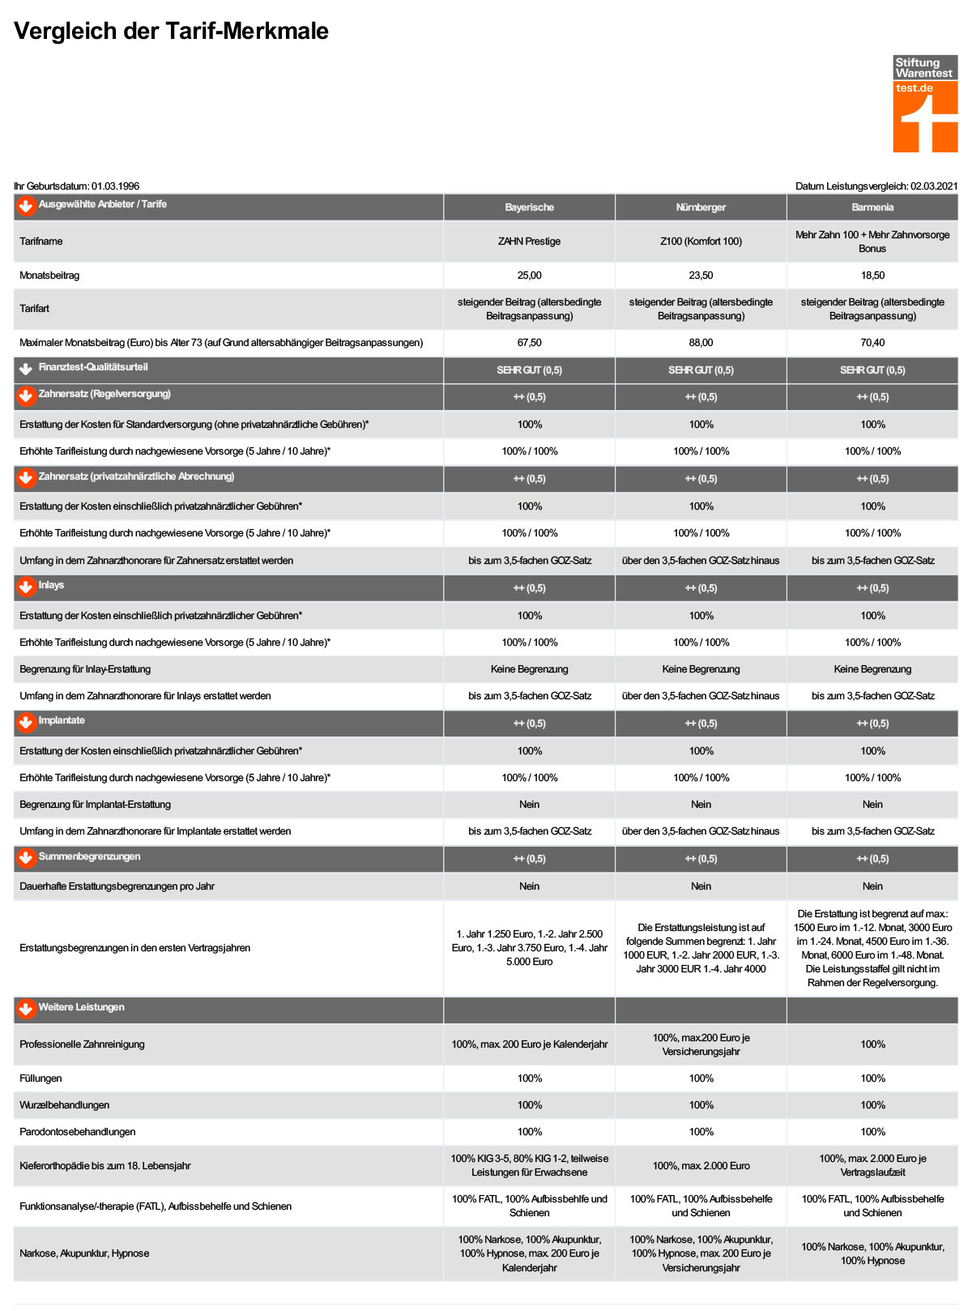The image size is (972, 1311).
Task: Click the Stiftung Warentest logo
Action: point(925,104)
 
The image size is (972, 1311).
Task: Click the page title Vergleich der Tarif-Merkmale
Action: point(171,31)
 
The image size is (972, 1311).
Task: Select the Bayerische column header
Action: point(529,207)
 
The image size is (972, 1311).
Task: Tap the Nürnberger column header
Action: point(701,207)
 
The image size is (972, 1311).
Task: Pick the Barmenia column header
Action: point(872,207)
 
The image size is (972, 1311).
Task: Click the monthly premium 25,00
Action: point(529,275)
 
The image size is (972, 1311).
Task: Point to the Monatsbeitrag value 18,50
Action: point(872,275)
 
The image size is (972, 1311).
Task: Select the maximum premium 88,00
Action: point(701,343)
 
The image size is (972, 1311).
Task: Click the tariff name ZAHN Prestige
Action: point(529,241)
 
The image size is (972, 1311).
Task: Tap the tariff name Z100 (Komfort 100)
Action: point(701,241)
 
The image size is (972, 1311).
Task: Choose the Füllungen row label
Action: point(40,1078)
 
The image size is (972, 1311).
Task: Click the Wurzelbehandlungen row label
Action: point(64,1105)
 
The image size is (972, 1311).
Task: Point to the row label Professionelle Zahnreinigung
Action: point(82,1044)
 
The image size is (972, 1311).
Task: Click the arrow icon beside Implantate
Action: point(26,722)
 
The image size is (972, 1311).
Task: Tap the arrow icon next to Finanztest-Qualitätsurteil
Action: point(26,369)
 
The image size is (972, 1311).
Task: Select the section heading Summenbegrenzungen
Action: point(89,856)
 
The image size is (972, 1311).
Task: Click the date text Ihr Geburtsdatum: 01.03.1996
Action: point(76,186)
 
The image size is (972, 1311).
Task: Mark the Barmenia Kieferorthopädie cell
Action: point(872,1166)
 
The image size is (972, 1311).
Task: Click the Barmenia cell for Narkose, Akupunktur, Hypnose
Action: point(872,1253)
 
